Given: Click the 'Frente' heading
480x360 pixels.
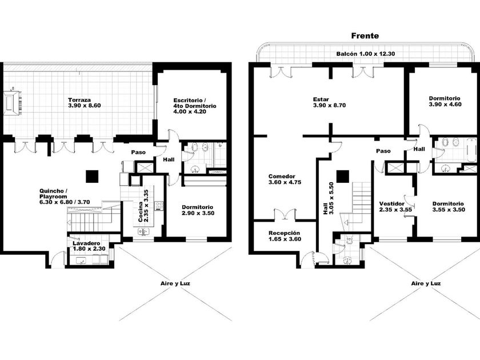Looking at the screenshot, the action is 365,36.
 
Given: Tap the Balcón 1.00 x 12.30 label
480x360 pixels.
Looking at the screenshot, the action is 366,54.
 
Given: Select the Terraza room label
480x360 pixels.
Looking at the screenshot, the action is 85,103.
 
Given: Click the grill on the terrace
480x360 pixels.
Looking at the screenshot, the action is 13,102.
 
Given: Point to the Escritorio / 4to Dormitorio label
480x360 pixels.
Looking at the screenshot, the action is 195,106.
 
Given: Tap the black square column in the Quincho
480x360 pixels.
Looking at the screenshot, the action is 92,177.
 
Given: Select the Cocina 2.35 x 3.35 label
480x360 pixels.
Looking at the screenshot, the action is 143,206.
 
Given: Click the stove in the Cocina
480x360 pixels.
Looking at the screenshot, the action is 159,205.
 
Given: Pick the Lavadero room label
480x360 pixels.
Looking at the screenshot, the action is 89,246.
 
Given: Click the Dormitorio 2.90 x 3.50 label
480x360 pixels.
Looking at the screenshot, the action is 198,210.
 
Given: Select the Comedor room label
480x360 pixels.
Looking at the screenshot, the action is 285,179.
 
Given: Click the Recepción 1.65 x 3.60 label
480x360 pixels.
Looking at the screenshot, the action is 285,236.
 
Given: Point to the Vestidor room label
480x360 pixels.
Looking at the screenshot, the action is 395,207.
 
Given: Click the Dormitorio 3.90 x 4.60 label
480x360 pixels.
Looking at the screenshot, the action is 445,101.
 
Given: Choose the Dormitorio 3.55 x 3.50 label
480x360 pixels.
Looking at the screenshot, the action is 449,207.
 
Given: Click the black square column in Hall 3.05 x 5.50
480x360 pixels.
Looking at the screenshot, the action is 343,177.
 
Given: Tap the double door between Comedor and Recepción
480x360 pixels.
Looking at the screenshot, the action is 285,215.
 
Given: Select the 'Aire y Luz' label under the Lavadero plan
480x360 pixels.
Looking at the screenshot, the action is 175,283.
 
